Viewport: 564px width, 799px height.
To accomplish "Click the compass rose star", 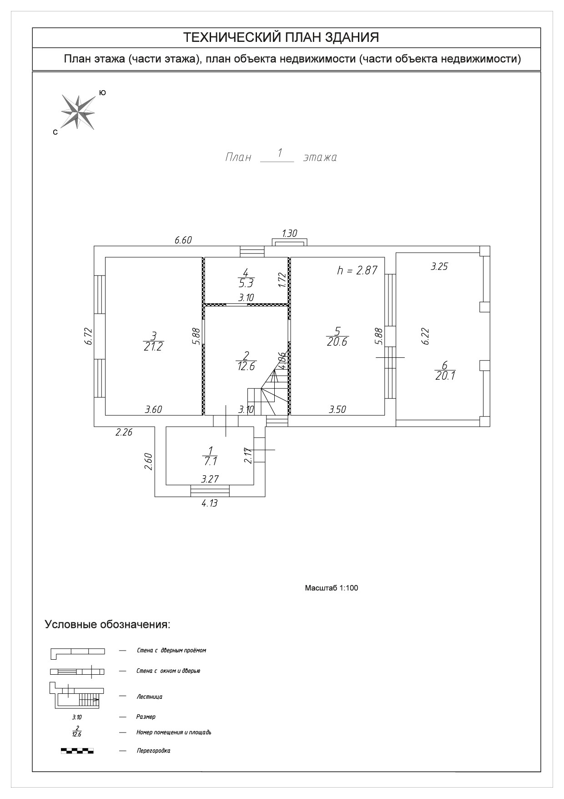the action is pyautogui.click(x=78, y=112).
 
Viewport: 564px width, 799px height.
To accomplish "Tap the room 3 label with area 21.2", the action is pyautogui.click(x=153, y=341).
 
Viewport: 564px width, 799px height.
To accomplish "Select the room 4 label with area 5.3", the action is pyautogui.click(x=246, y=278).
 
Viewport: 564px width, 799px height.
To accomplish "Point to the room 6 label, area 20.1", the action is pyautogui.click(x=445, y=370).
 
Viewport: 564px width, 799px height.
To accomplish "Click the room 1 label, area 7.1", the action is pyautogui.click(x=210, y=455).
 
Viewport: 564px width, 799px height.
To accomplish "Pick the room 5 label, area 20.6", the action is pyautogui.click(x=337, y=336).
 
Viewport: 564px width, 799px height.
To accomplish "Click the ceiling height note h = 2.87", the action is pyautogui.click(x=357, y=270).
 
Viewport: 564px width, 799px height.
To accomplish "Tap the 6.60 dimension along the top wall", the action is pyautogui.click(x=183, y=240).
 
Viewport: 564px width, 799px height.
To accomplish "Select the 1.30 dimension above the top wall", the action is pyautogui.click(x=289, y=234).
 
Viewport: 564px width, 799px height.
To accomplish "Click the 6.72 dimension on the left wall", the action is pyautogui.click(x=89, y=336).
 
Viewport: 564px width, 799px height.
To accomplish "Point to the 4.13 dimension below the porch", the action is pyautogui.click(x=209, y=503).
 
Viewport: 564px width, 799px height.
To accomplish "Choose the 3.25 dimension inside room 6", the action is pyautogui.click(x=439, y=267).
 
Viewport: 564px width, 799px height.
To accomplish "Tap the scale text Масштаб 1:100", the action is pyautogui.click(x=331, y=588).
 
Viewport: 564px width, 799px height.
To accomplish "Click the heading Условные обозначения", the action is pyautogui.click(x=107, y=624).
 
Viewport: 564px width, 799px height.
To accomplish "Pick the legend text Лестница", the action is pyautogui.click(x=149, y=697).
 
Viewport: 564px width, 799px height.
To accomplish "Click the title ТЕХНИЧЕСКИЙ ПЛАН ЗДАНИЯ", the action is pyautogui.click(x=281, y=37).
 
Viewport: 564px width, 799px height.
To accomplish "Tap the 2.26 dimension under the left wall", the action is pyautogui.click(x=124, y=433).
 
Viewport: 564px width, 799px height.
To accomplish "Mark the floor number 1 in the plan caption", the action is pyautogui.click(x=280, y=152).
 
